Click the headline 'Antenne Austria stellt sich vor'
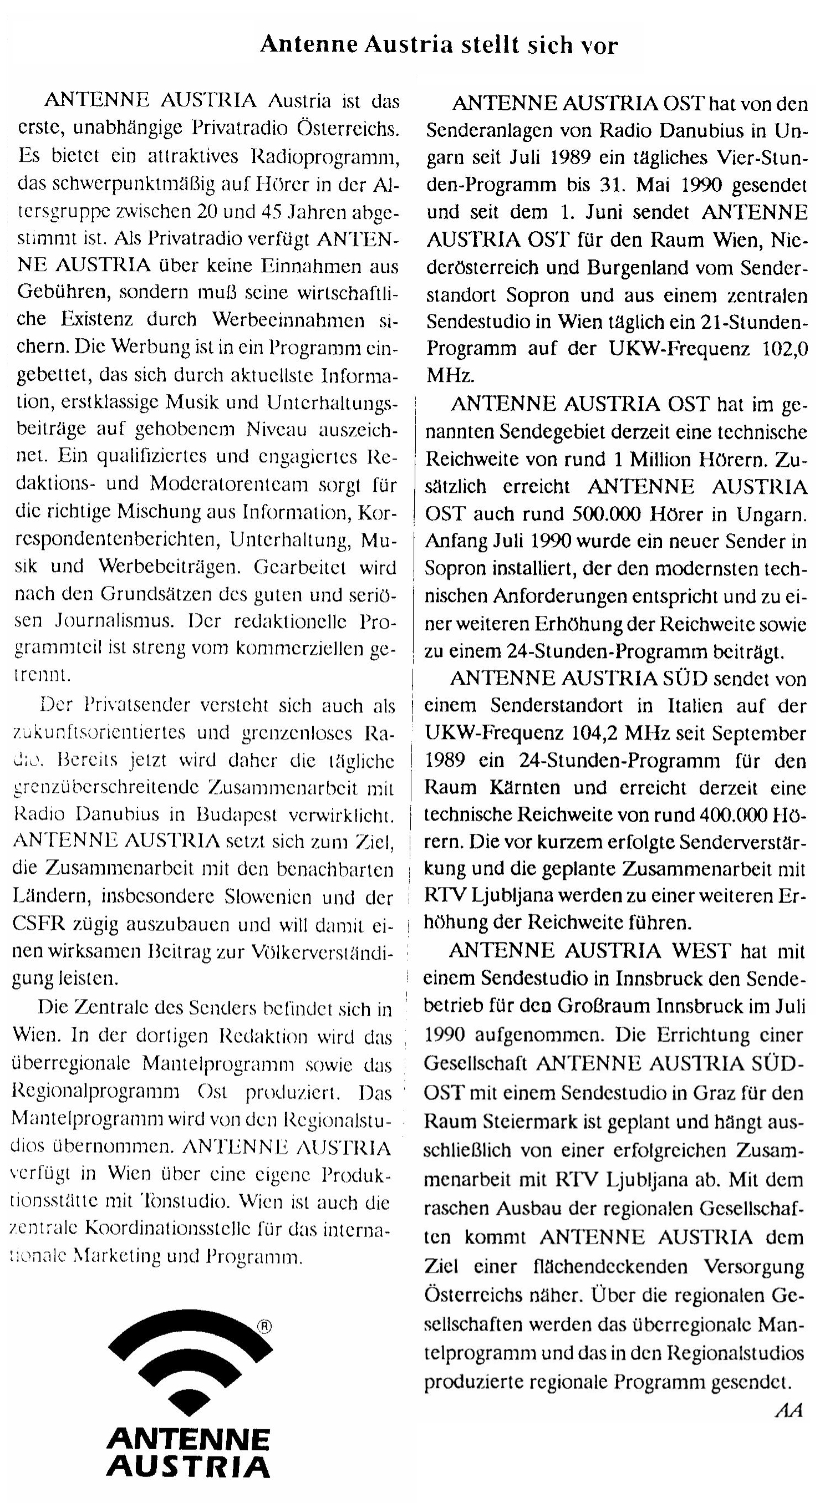[x=439, y=44]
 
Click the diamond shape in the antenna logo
[x=189, y=1395]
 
